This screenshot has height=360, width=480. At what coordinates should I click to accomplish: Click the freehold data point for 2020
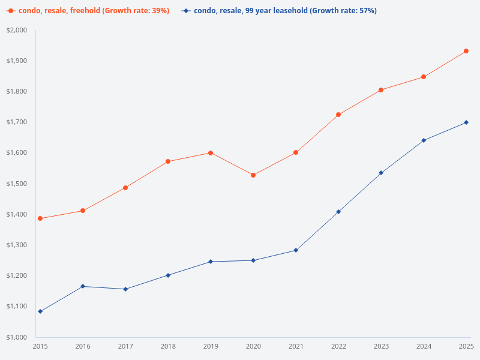click(253, 175)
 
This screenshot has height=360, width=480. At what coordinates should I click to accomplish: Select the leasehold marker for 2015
click(40, 311)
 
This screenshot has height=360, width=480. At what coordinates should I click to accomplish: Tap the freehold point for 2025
click(466, 51)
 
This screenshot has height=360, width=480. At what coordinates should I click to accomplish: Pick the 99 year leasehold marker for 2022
click(338, 212)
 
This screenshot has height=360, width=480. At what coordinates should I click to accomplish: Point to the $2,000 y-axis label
click(17, 31)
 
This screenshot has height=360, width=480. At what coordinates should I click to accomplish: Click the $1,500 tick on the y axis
click(17, 184)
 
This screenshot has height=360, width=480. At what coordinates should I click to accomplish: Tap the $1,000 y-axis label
click(17, 337)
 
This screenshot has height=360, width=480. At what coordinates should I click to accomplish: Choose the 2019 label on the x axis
click(211, 346)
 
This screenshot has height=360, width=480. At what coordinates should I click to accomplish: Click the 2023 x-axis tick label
click(381, 346)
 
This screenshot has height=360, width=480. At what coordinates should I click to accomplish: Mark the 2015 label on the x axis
click(40, 346)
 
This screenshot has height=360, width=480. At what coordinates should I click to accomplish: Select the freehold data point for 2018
click(168, 161)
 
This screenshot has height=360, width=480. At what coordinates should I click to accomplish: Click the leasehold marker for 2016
click(83, 286)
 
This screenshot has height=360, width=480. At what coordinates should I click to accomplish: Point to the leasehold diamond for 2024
click(424, 140)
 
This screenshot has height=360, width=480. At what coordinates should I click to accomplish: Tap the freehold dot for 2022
click(338, 115)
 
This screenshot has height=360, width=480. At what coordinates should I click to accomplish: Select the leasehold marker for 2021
click(296, 250)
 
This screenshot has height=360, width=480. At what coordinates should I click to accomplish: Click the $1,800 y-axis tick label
click(17, 92)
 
